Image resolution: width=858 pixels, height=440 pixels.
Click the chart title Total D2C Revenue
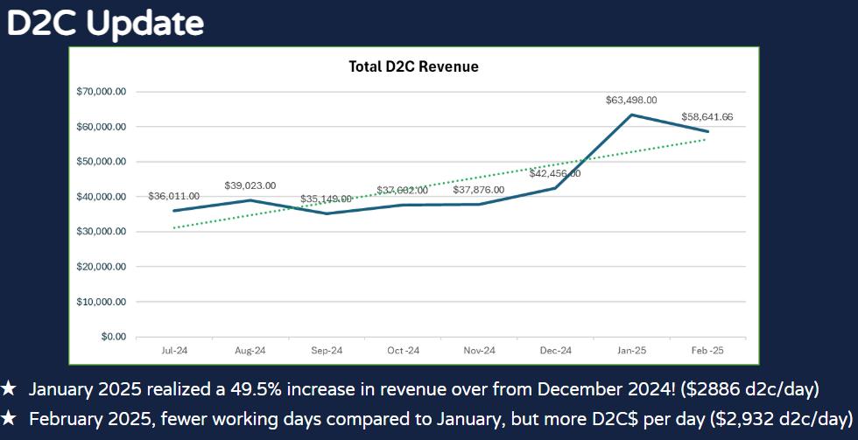click(413, 66)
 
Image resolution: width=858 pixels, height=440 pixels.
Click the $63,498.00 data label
click(630, 100)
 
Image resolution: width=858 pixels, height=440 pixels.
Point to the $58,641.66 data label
click(707, 117)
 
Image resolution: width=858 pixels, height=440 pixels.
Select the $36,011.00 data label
click(174, 196)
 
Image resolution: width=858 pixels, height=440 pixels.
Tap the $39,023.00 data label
click(250, 185)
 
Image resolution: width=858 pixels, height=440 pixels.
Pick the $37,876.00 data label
click(479, 190)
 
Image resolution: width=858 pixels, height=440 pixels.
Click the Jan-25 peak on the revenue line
click(631, 115)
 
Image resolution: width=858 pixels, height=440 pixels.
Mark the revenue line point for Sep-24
click(327, 213)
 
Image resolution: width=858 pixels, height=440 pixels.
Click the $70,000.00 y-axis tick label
click(102, 92)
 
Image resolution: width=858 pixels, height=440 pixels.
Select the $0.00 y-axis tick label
click(113, 337)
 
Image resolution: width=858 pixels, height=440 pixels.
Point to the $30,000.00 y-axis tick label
click(102, 232)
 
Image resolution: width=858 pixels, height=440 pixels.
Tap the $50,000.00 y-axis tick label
click(102, 162)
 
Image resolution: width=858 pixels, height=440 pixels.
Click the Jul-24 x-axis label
click(174, 351)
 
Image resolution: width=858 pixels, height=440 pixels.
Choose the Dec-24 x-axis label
click(555, 351)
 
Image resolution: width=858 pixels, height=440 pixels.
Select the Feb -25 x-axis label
click(707, 351)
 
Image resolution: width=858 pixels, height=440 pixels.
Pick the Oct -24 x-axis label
click(403, 351)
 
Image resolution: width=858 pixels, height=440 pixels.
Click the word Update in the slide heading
click(145, 24)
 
